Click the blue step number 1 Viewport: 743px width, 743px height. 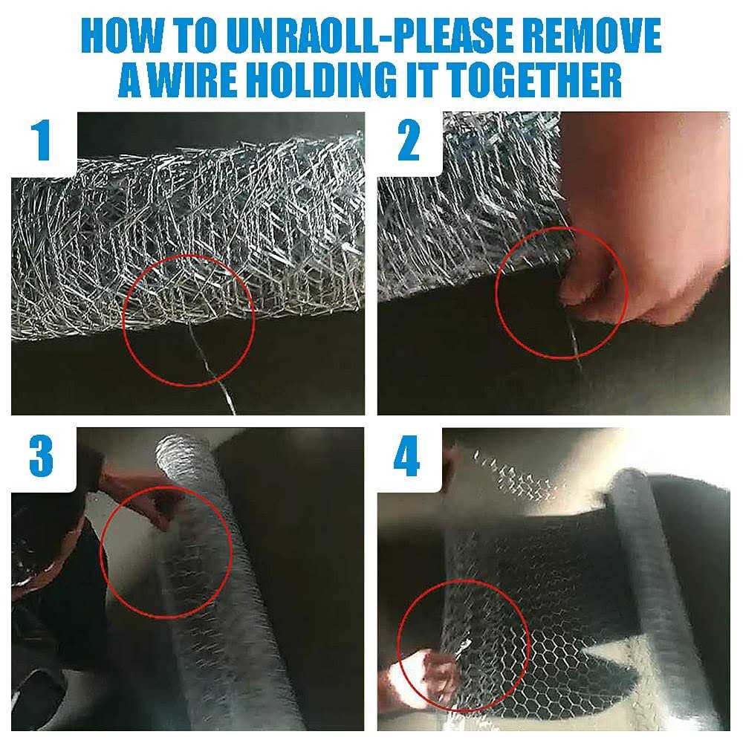tap(42, 140)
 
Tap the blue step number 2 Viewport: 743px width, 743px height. tap(409, 140)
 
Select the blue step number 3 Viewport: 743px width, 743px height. tap(41, 456)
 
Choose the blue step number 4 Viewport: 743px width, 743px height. tap(407, 456)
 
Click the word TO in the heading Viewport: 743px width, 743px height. tap(195, 36)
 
